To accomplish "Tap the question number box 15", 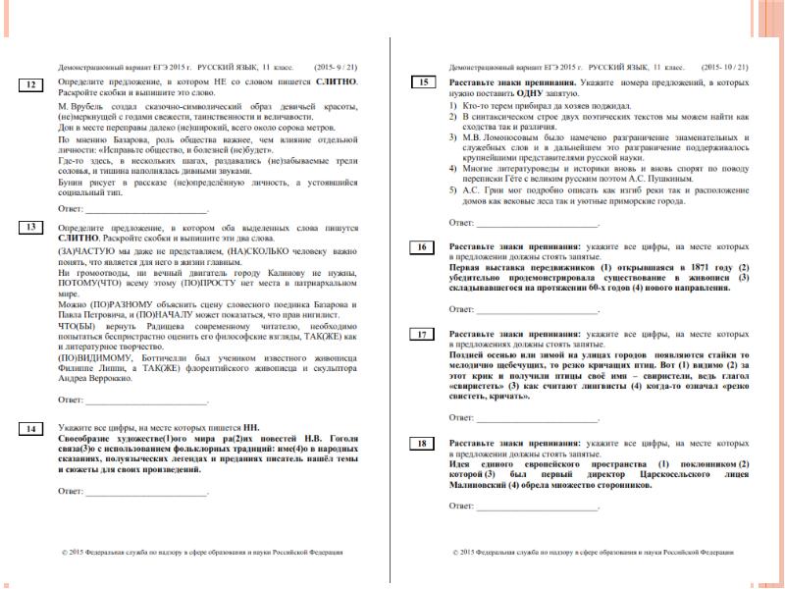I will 423,82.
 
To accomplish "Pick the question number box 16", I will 423,246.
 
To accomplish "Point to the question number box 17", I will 423,335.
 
